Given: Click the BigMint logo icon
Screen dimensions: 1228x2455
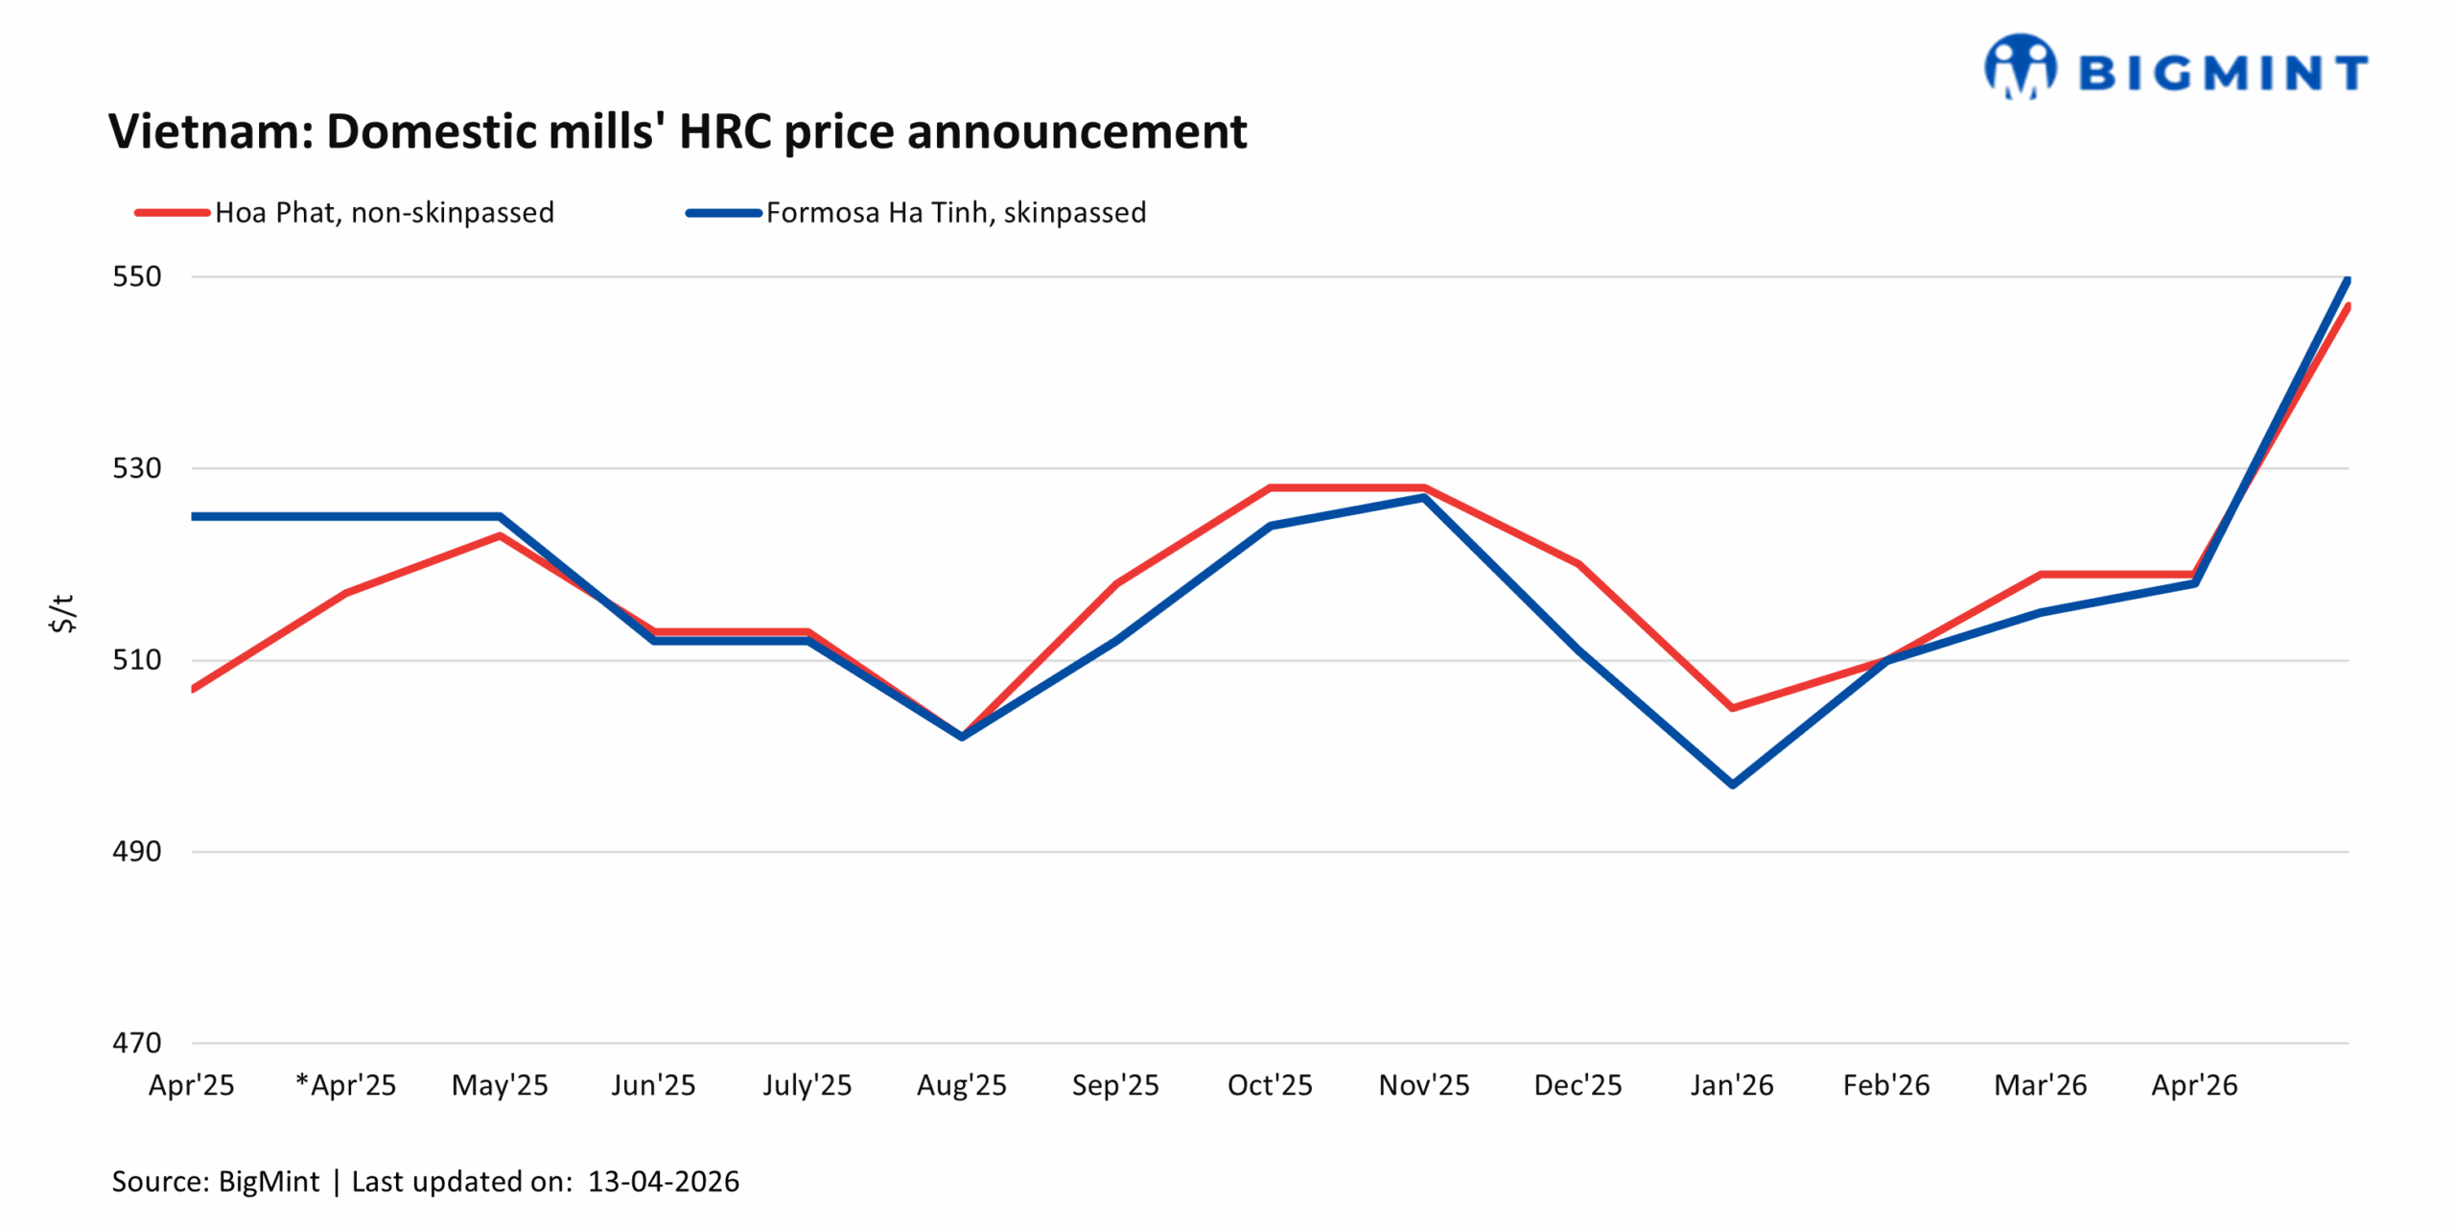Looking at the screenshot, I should pyautogui.click(x=2019, y=67).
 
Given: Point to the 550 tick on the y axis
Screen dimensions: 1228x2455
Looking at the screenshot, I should pyautogui.click(x=137, y=276).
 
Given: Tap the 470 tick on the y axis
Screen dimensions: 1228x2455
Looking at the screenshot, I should pyautogui.click(x=137, y=1042).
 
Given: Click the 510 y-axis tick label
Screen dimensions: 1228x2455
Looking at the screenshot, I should pyautogui.click(x=137, y=659).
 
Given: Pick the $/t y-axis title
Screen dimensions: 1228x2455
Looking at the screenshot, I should pyautogui.click(x=62, y=612).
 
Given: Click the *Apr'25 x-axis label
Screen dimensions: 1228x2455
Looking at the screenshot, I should pyautogui.click(x=346, y=1085).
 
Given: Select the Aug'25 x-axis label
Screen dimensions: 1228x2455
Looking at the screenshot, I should pyautogui.click(x=961, y=1085).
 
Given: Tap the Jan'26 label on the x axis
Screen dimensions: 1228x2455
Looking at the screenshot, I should pyautogui.click(x=1732, y=1085).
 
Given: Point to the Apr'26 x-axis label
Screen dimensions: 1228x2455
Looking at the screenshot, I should pyautogui.click(x=2194, y=1085).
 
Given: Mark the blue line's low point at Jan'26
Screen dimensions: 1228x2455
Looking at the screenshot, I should pyautogui.click(x=1733, y=784).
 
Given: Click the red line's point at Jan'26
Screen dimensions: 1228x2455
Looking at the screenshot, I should pyautogui.click(x=1733, y=707).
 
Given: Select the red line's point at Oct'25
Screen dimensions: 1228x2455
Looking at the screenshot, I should pyautogui.click(x=1271, y=487).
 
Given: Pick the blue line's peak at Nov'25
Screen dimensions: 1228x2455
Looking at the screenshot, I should pyautogui.click(x=1424, y=497).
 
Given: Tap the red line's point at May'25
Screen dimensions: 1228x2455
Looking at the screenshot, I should pyautogui.click(x=500, y=535).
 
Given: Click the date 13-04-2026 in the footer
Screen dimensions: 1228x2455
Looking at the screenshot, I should pyautogui.click(x=664, y=1181).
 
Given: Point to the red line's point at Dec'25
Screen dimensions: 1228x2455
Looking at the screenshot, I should pyautogui.click(x=1578, y=564).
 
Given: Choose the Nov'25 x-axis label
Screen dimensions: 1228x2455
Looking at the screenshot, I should pyautogui.click(x=1424, y=1085).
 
